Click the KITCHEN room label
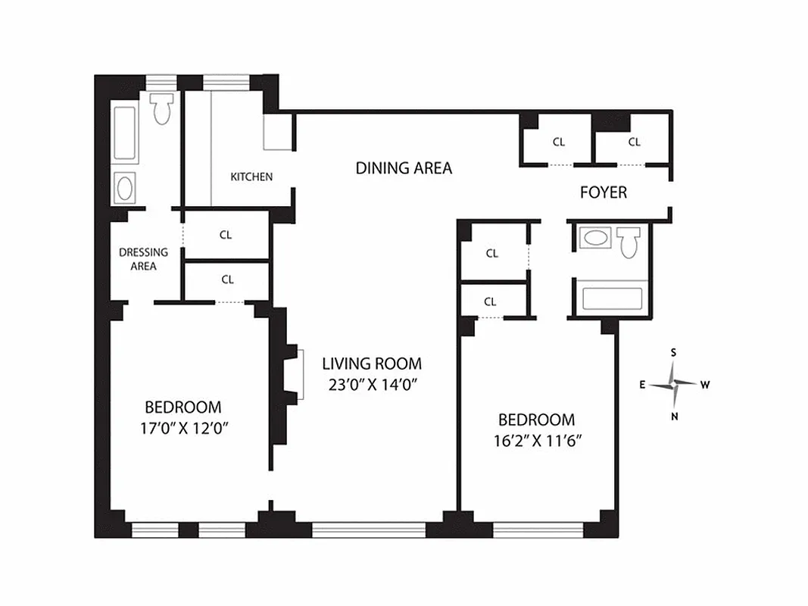point(251,176)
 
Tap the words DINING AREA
point(404,168)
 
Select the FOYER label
point(603,192)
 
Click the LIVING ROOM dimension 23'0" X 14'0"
point(371,384)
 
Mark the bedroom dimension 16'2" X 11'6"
point(535,439)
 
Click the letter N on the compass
point(674,416)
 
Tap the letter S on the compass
point(673,352)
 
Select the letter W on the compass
point(705,385)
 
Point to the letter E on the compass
point(642,385)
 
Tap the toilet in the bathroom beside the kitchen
point(161,109)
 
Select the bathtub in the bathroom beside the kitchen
point(124,133)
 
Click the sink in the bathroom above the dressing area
point(125,187)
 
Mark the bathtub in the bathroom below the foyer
point(611,298)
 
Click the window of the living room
point(369,529)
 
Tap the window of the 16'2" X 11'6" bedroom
point(538,529)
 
